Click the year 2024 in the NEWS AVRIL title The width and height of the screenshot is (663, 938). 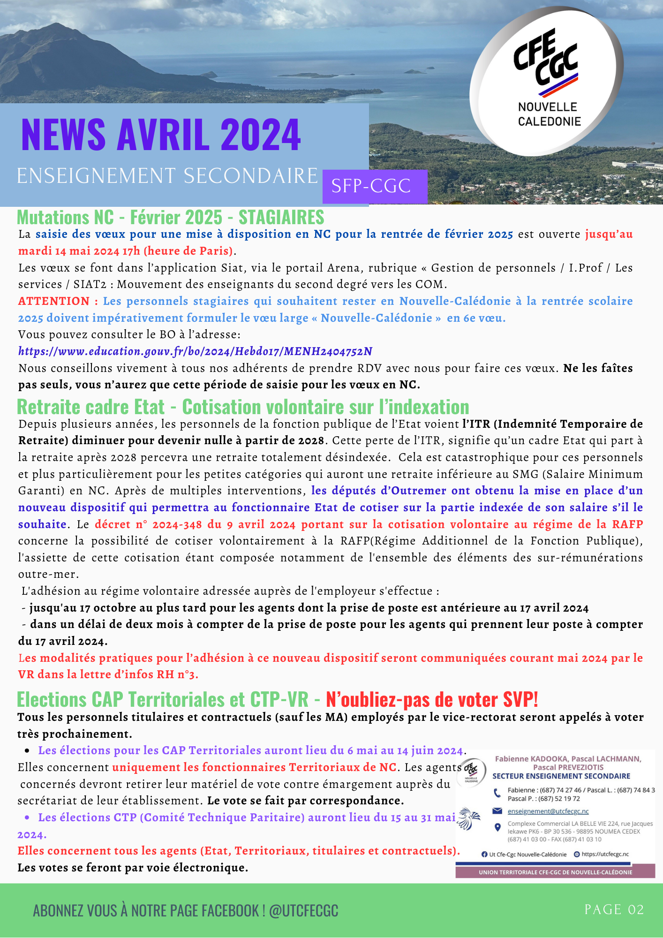tap(261, 135)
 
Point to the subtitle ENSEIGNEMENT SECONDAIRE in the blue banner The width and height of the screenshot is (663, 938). tap(167, 176)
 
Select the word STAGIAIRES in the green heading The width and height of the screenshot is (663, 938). tap(281, 218)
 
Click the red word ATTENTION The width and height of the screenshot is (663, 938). tap(53, 301)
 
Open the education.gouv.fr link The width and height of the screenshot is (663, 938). tap(195, 351)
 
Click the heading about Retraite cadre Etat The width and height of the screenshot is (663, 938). tap(243, 407)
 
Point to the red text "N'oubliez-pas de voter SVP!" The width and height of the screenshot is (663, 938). tap(432, 700)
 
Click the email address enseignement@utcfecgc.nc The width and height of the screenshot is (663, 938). tap(548, 811)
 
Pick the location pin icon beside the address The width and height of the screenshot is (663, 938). tap(497, 827)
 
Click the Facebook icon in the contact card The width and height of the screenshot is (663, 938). tap(484, 855)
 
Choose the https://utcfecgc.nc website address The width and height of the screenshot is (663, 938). tap(605, 855)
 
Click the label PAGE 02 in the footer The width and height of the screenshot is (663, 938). tap(614, 910)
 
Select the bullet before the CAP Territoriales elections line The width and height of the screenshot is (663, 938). tap(28, 751)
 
